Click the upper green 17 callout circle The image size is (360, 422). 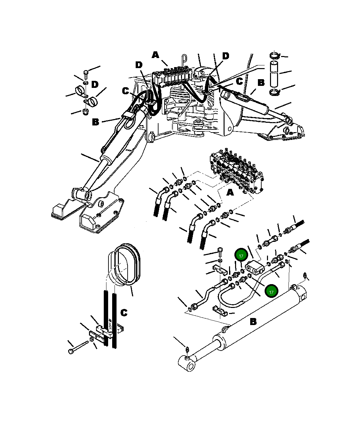(x=241, y=256)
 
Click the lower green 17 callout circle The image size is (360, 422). (x=271, y=291)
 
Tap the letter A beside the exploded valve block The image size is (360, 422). (x=230, y=193)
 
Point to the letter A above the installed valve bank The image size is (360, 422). (x=155, y=55)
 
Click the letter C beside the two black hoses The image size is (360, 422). (x=124, y=313)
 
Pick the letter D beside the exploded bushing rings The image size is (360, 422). (x=95, y=84)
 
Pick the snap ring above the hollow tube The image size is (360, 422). (x=274, y=56)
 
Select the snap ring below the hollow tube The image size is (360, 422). (x=274, y=92)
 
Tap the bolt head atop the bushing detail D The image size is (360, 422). (x=86, y=72)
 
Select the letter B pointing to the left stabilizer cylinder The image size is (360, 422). (x=96, y=122)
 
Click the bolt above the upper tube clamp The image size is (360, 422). (x=220, y=251)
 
